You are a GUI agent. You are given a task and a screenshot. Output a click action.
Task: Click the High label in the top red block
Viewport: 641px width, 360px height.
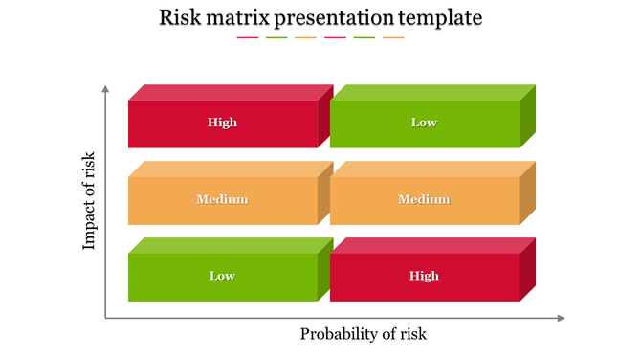(x=222, y=123)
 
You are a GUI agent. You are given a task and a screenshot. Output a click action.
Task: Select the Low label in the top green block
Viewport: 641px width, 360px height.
(x=424, y=123)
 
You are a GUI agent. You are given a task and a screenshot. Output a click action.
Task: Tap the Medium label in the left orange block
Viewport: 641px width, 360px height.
(x=222, y=199)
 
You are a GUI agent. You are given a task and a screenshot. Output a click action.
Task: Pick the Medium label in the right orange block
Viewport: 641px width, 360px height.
(x=424, y=199)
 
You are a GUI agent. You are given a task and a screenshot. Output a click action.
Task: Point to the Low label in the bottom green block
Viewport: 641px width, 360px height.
(x=222, y=276)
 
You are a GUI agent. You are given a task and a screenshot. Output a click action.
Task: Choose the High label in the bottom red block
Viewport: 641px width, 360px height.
(x=424, y=276)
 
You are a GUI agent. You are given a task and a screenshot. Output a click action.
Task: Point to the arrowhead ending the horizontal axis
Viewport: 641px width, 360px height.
(x=561, y=318)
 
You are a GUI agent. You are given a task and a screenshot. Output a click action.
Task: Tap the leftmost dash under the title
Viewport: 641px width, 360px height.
(x=247, y=38)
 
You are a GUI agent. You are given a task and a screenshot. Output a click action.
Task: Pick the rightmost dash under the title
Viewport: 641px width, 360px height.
(x=393, y=38)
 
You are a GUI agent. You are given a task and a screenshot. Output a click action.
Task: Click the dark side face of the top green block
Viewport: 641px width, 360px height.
(x=528, y=116)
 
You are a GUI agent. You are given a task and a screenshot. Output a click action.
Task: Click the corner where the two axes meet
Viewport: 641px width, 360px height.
(x=105, y=318)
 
